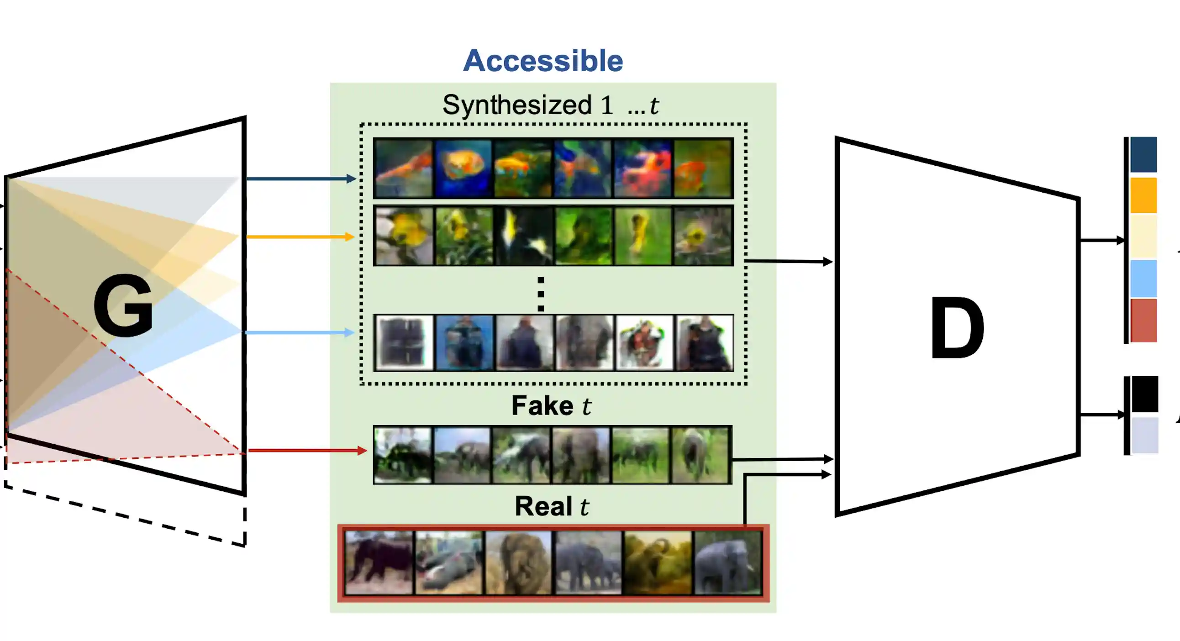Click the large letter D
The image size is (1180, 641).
pos(957,327)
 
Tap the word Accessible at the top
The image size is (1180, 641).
pos(543,60)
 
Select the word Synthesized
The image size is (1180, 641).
pos(517,105)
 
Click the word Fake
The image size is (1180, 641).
pos(542,406)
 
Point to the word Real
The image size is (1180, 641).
pos(543,506)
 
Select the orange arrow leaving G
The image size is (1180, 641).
pos(300,236)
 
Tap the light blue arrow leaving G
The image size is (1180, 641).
pos(300,332)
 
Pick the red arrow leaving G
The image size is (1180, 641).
pos(307,451)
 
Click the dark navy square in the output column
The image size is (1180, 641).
pos(1143,154)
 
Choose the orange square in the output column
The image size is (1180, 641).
pos(1143,195)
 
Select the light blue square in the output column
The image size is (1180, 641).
pos(1143,278)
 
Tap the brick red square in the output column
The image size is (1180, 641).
pos(1143,320)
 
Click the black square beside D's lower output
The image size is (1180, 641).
pos(1145,394)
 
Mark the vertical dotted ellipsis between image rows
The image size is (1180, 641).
pos(541,294)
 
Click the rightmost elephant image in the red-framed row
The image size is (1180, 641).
pos(728,563)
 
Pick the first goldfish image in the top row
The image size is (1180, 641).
pos(403,168)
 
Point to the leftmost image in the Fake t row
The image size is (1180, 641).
pos(403,455)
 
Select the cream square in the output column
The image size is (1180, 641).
pos(1143,236)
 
